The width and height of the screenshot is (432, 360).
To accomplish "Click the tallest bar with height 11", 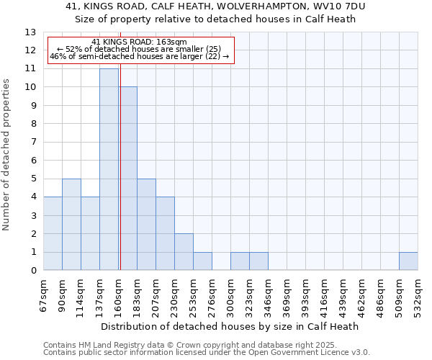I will pos(109,169).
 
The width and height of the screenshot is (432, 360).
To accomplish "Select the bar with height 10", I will pos(128,179).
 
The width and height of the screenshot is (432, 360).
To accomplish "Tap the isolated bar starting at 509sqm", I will pos(408,261).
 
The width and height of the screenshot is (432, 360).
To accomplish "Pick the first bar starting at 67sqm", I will pos(53,233).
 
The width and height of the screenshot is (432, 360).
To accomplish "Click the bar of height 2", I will pos(184,252).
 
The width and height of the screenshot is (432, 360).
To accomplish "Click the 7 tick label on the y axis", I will pos(33,142).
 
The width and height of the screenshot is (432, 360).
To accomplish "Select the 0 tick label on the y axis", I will pos(33,271).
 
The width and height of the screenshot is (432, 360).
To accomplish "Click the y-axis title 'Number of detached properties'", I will pos(7,155).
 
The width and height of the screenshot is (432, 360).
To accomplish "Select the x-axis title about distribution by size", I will pos(230,326).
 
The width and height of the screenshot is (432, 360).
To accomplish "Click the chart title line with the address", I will pos(216,6).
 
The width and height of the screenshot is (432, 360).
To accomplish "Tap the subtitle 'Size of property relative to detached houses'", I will pos(216,19).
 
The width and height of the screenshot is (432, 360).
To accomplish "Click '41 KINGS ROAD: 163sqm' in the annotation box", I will pos(140,42).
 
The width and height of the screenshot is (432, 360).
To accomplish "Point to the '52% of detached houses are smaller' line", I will pos(139,49).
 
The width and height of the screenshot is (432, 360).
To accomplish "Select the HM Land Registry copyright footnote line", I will pos(205,345).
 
